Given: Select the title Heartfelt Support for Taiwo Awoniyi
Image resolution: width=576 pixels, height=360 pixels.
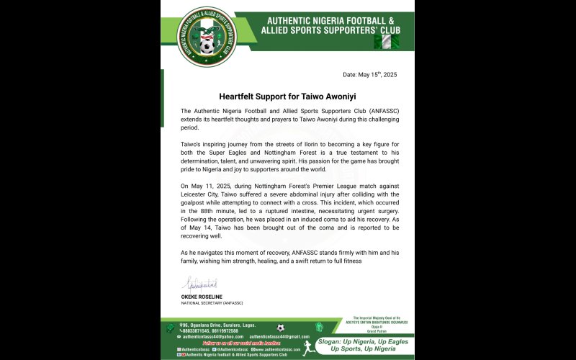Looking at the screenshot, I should (288, 96).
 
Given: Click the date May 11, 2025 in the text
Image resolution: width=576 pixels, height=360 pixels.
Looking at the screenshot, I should (214, 186).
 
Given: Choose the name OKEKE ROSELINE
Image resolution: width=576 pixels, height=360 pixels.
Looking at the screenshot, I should (202, 296).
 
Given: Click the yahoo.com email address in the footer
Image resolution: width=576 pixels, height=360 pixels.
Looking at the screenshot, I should (212, 336).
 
